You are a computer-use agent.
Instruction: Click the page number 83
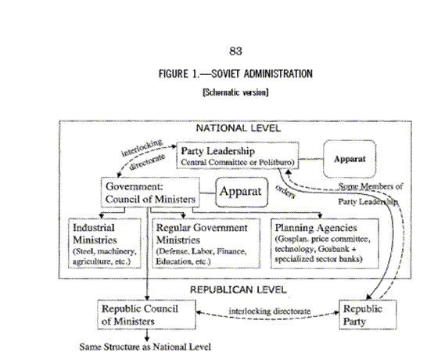point(235,51)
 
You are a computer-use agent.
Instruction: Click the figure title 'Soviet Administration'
point(262,74)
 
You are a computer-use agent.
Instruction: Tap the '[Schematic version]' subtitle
point(235,92)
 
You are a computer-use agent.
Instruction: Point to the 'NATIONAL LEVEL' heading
point(238,128)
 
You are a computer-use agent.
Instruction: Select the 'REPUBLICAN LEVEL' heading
point(238,290)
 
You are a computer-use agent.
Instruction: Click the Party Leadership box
point(238,155)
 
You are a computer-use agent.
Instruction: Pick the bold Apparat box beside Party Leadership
point(350,159)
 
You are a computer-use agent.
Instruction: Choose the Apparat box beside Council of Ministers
point(242,193)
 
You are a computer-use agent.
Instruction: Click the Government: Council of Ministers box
point(150,193)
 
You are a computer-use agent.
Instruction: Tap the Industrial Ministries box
point(105,243)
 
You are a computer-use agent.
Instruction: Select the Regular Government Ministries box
point(206,243)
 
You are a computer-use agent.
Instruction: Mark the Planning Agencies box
point(325,243)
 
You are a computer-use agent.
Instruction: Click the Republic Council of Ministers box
point(146,315)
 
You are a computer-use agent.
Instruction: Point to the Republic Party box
point(368,315)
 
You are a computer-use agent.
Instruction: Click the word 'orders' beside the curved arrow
point(285,192)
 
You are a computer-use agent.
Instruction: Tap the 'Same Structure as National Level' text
point(145,347)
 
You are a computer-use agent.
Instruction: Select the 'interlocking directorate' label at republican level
point(269,311)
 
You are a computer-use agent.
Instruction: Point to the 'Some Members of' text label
point(371,186)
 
